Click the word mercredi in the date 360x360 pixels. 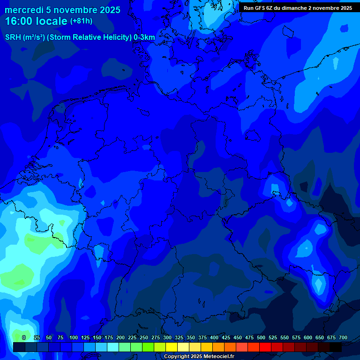(21, 10)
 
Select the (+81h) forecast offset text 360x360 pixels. (81, 21)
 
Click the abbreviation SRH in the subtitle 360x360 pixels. (13, 37)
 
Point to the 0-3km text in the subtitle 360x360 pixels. (144, 37)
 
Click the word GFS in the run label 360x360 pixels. (260, 8)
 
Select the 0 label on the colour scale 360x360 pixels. (24, 337)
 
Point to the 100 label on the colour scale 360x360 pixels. (74, 337)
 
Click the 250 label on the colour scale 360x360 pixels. (144, 337)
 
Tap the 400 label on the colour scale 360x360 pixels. (214, 337)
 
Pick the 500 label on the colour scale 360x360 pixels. (261, 337)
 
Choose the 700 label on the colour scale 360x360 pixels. (343, 337)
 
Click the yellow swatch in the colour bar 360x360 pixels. (172, 347)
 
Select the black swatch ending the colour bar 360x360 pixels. (336, 347)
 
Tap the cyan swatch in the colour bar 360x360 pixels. (113, 347)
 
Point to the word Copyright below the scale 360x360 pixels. (180, 357)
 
